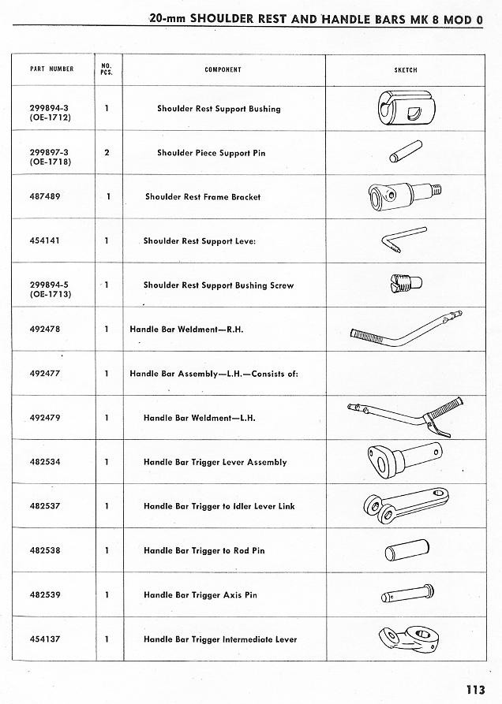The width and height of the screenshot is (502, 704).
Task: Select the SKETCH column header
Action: (x=405, y=69)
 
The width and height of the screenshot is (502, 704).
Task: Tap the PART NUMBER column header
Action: (x=51, y=69)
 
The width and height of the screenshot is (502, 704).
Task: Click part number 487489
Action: (x=46, y=197)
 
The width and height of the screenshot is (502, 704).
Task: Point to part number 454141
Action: (x=46, y=241)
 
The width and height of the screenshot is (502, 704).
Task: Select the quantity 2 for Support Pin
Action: (x=107, y=153)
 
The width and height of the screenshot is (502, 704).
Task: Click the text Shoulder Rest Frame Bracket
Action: (x=202, y=197)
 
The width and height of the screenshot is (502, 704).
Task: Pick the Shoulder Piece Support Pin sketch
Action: (x=405, y=152)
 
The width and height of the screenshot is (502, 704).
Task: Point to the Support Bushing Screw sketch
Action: (x=403, y=282)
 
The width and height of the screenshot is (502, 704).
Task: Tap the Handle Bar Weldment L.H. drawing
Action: (x=399, y=415)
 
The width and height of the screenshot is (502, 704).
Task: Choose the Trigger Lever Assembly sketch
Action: (x=402, y=457)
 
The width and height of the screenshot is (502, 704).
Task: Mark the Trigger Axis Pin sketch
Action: (x=403, y=593)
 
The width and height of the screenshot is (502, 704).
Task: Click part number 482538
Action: (x=46, y=551)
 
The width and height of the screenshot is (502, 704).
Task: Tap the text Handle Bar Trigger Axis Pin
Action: (x=200, y=595)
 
